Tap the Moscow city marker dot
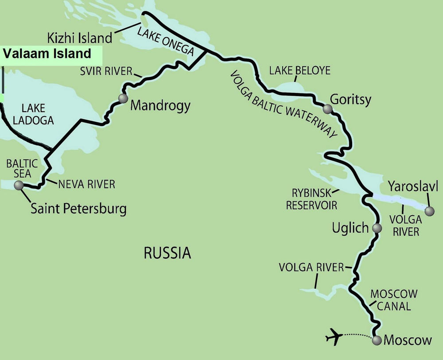(377, 340)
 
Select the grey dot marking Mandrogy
(123, 98)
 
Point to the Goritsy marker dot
(327, 108)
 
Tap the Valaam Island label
(47, 54)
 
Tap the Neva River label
(86, 184)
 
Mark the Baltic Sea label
(22, 169)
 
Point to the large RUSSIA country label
(167, 253)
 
